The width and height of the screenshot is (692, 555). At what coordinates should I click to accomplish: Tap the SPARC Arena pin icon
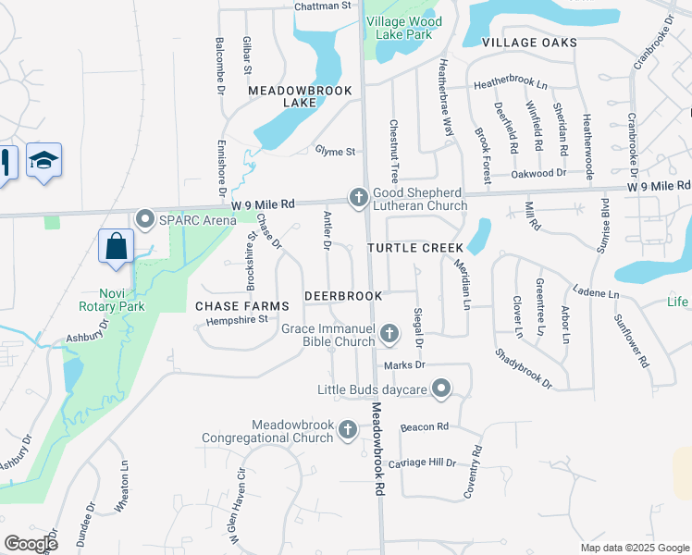pyautogui.click(x=145, y=219)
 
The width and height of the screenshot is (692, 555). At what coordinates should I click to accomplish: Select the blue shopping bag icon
pyautogui.click(x=116, y=247)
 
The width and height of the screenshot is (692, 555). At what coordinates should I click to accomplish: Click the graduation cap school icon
pyautogui.click(x=43, y=160)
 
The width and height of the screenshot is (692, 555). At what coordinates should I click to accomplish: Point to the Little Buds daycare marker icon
pyautogui.click(x=442, y=389)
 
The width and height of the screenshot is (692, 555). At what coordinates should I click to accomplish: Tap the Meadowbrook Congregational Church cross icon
pyautogui.click(x=348, y=428)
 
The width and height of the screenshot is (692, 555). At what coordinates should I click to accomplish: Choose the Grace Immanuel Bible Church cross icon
pyautogui.click(x=389, y=333)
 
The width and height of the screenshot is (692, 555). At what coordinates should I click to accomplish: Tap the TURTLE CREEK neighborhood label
pyautogui.click(x=413, y=249)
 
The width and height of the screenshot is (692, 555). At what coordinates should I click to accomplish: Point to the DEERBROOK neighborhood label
pyautogui.click(x=343, y=296)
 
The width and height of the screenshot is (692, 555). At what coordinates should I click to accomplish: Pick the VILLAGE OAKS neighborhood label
pyautogui.click(x=529, y=43)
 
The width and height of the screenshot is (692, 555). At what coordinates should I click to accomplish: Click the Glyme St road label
pyautogui.click(x=335, y=151)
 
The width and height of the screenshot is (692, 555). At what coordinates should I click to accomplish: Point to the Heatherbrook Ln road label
pyautogui.click(x=511, y=85)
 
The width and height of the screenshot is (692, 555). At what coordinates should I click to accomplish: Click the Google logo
pyautogui.click(x=31, y=544)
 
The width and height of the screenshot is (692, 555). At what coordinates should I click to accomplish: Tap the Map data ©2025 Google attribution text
pyautogui.click(x=635, y=548)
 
